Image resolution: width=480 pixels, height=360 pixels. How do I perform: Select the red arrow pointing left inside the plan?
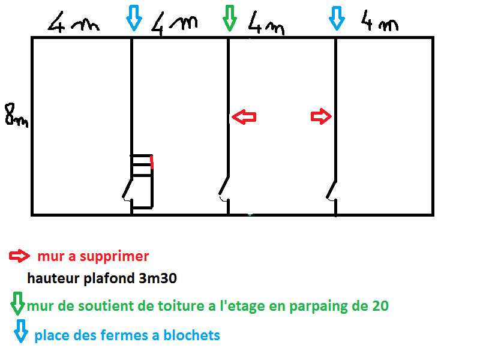pyautogui.click(x=244, y=117)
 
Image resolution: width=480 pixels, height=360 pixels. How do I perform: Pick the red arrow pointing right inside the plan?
pyautogui.click(x=321, y=116)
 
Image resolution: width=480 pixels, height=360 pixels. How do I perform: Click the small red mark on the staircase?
pyautogui.click(x=152, y=162)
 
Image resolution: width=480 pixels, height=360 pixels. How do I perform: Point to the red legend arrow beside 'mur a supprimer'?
pyautogui.click(x=20, y=256)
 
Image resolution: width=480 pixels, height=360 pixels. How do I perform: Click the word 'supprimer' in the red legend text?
pyautogui.click(x=118, y=257)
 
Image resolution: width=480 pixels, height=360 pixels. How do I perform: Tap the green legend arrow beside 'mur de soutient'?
pyautogui.click(x=18, y=303)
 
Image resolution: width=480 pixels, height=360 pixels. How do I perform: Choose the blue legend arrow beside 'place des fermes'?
pyautogui.click(x=21, y=331)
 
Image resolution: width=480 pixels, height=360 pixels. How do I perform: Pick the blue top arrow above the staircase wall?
pyautogui.click(x=133, y=18)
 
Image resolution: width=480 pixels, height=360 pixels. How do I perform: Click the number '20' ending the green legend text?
pyautogui.click(x=379, y=306)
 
